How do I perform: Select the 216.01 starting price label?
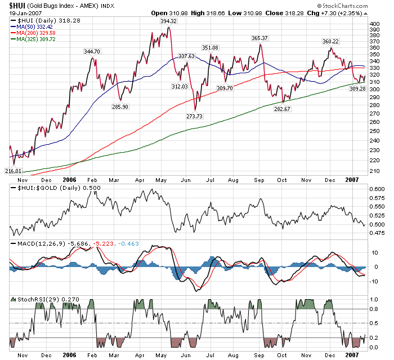tap(13, 171)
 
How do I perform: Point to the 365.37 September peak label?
tap(259, 38)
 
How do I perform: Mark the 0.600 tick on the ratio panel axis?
tap(377, 189)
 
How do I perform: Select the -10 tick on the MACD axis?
tap(375, 281)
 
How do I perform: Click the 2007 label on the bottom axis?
tap(352, 355)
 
